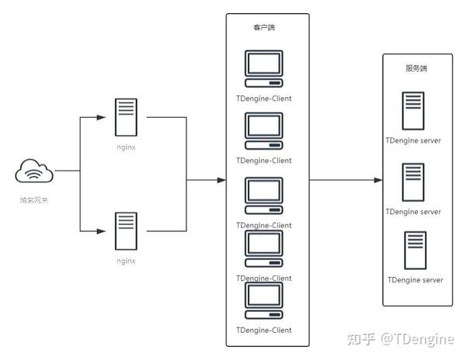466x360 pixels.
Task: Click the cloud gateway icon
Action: click(34, 171)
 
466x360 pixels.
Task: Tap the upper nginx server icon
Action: click(126, 117)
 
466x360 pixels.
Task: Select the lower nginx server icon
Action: click(126, 231)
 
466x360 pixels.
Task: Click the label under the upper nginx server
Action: click(126, 147)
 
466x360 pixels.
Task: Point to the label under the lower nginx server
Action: click(126, 261)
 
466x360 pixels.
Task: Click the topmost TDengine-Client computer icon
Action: click(264, 68)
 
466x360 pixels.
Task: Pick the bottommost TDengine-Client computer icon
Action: click(264, 300)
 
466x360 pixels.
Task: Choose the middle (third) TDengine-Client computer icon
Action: click(264, 196)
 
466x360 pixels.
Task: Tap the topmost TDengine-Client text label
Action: click(264, 99)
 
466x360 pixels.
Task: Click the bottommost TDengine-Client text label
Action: click(264, 331)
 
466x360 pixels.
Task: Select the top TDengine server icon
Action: click(413, 111)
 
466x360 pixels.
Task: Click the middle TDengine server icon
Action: click(413, 182)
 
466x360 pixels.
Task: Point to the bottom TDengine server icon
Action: click(416, 250)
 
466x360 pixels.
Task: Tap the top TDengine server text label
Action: click(413, 140)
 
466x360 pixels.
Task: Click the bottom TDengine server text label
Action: click(416, 280)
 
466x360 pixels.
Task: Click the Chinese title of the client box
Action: click(264, 28)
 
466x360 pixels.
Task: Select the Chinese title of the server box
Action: click(416, 68)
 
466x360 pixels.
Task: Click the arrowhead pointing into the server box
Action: click(378, 180)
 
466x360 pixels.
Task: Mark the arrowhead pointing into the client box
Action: click(221, 180)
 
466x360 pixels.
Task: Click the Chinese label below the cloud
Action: click(34, 200)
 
